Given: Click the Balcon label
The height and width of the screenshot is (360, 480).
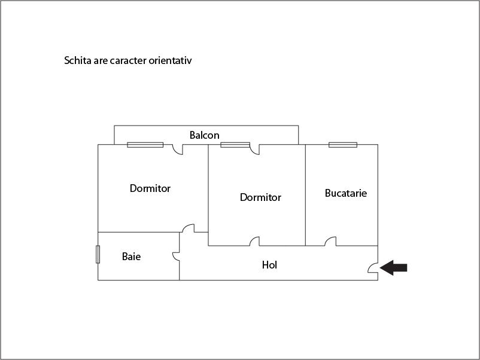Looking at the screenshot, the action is tap(204, 135).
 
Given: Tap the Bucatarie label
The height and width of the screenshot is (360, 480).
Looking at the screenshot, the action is tap(345, 193).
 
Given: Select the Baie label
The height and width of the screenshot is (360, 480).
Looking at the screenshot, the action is tap(131, 257).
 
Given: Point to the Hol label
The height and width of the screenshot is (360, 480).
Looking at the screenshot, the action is tap(269, 265).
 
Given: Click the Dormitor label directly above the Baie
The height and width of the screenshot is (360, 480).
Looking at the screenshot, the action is tap(150, 188).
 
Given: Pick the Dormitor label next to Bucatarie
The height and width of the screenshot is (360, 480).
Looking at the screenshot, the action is tap(260, 197).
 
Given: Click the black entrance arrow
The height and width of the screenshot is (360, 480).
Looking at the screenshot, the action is tap(393, 268).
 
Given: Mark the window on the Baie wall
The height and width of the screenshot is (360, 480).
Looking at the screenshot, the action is tap(98, 254).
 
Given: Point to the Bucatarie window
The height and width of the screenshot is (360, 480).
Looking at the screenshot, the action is tap(343, 145).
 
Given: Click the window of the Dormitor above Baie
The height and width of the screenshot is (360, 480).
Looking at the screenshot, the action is tap(145, 145).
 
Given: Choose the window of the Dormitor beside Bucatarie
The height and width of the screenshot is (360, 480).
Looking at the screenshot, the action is tap(235, 145).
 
